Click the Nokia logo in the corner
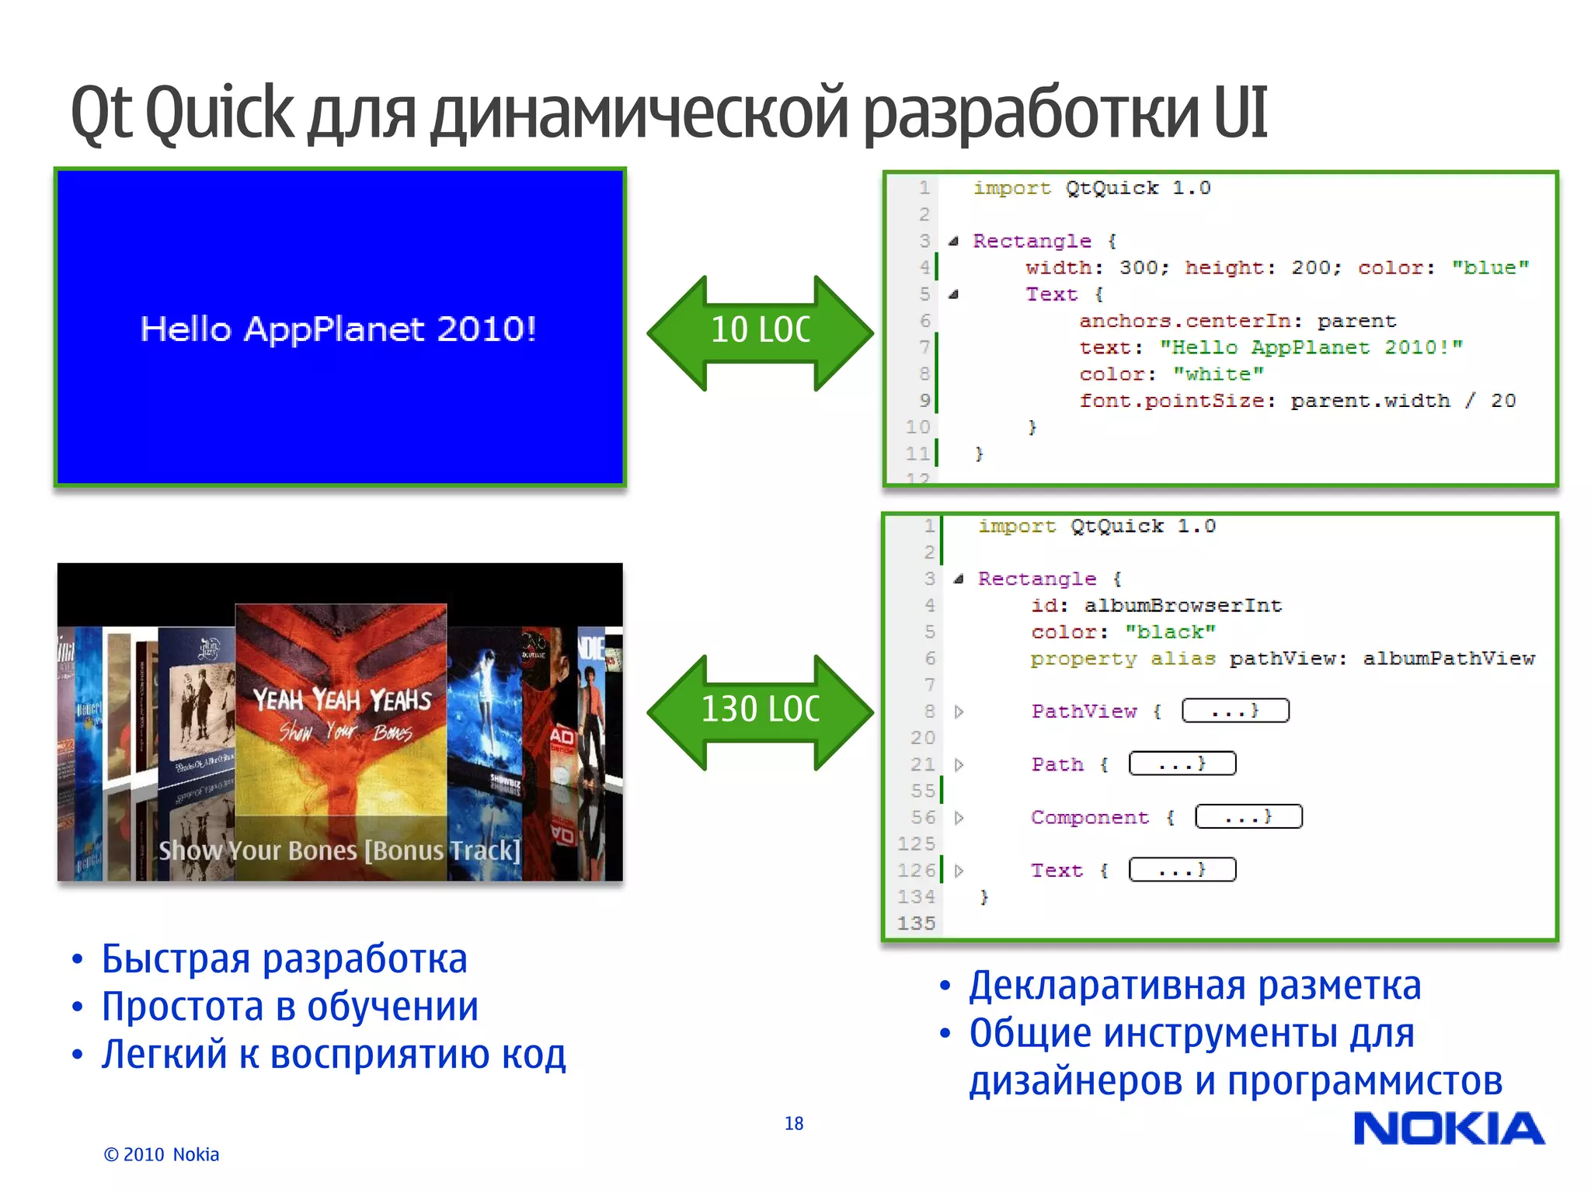1448,1129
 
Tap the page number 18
793,1123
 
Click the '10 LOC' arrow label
760,330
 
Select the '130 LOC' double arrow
760,710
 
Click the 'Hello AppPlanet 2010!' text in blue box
338,329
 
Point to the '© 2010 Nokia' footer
162,1154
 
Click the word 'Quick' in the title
219,113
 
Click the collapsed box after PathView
1234,711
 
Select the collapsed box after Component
1248,817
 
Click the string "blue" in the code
1490,268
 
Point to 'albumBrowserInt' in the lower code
1182,606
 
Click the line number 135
916,923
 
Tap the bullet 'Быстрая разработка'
284,959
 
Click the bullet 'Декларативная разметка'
1194,986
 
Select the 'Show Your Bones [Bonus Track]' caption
339,851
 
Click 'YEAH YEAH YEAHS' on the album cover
342,701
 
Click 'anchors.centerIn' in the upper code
1184,322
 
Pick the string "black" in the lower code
1170,632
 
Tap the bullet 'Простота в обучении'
290,1007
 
